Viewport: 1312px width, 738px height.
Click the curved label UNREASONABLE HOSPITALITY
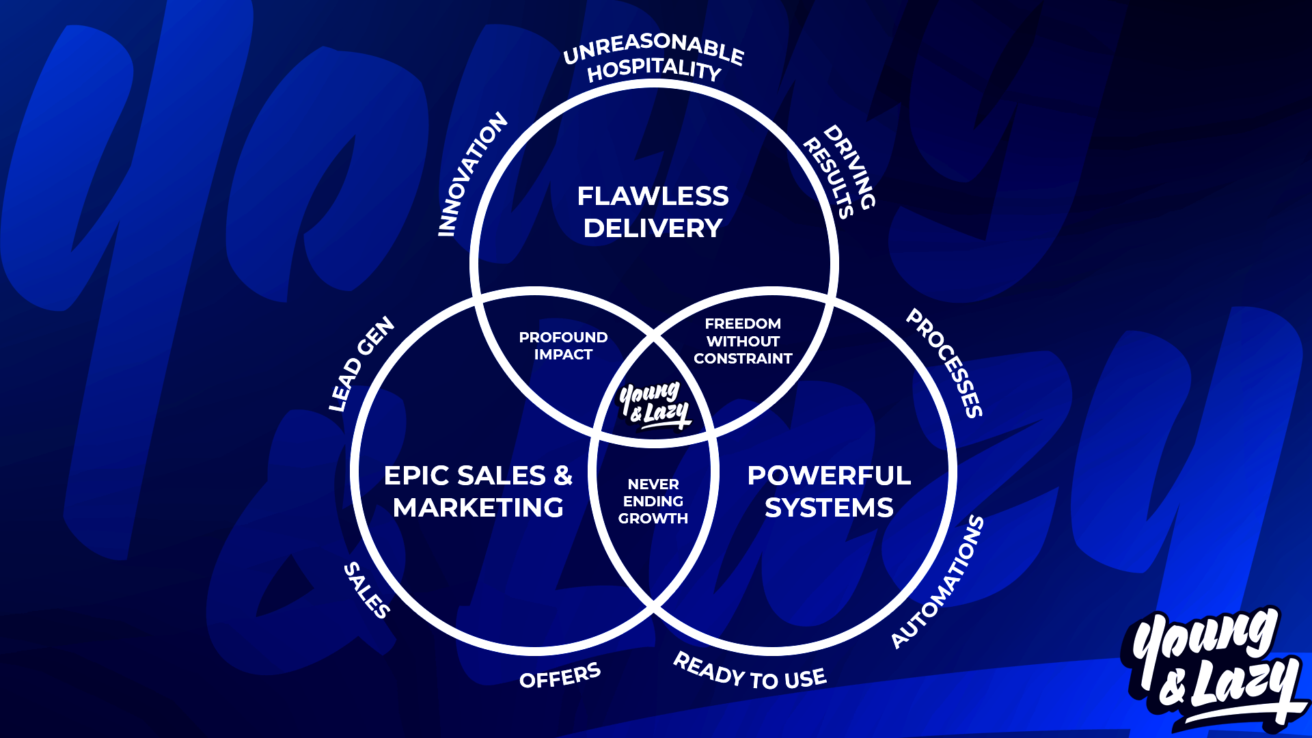click(x=653, y=57)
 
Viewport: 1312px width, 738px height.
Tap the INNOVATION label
click(x=472, y=175)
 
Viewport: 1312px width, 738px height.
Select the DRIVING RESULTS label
click(x=840, y=172)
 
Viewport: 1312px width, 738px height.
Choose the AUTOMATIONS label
click(x=938, y=582)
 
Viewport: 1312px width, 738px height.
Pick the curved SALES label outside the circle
click(x=367, y=590)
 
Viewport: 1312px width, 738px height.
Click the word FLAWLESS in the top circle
click(x=653, y=196)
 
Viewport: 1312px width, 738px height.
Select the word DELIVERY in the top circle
click(x=653, y=228)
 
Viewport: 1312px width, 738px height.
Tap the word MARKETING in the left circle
click(x=478, y=508)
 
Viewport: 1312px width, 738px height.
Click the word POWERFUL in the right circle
click(x=829, y=476)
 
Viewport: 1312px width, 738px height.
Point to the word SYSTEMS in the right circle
click(x=829, y=508)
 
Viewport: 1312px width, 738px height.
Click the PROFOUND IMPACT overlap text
click(x=563, y=346)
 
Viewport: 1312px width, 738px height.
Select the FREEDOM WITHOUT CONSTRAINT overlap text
click(x=743, y=341)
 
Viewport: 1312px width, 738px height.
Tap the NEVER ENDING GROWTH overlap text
click(x=653, y=501)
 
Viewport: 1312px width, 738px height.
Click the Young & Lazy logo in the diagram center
click(x=654, y=405)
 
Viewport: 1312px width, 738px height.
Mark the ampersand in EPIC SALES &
click(x=563, y=476)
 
